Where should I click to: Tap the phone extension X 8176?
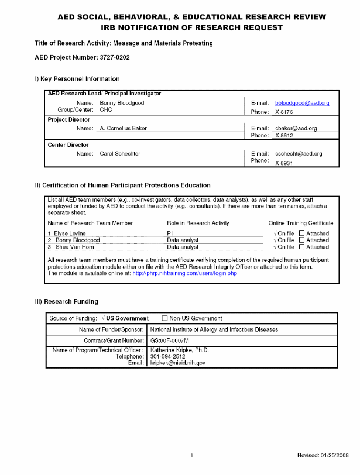(284, 112)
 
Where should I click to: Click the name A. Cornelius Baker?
(123, 128)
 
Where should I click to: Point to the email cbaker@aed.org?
(296, 128)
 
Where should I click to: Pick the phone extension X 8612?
(284, 136)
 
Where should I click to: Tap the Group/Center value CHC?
(106, 110)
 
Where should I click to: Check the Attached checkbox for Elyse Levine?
(302, 233)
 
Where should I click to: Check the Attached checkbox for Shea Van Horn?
(302, 247)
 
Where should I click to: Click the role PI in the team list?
(170, 233)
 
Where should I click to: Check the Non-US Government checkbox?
(164, 318)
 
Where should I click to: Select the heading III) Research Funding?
(67, 301)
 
